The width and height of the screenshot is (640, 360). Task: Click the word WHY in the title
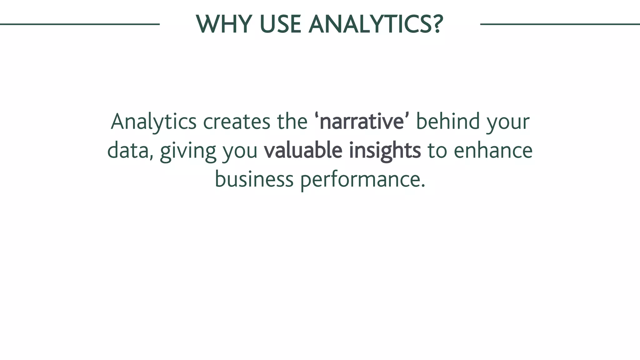224,24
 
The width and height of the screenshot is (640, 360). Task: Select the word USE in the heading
280,24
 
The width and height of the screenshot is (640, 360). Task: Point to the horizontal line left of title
80,24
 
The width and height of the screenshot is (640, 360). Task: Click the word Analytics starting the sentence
153,122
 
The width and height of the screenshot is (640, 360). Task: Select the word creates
237,122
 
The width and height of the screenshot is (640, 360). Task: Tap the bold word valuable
303,151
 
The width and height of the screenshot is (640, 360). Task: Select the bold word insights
385,151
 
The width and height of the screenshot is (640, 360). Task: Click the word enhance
493,151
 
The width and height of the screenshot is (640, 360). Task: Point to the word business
254,179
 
